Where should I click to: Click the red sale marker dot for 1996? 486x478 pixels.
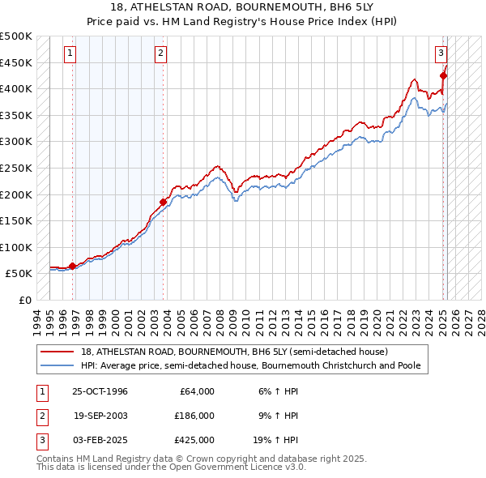(73, 266)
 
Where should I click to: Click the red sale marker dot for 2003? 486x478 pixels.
(163, 202)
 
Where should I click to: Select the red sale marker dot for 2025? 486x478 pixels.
(443, 75)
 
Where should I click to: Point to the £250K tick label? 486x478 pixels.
(16, 168)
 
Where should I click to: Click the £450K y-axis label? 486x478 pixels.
(16, 62)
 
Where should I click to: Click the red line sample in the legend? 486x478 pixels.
(58, 352)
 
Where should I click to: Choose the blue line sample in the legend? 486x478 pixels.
(58, 365)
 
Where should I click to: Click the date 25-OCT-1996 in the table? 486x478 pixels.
(100, 391)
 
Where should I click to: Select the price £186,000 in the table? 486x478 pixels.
(194, 416)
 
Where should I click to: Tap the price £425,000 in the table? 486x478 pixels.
(194, 440)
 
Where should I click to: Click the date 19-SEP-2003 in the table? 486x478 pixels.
(100, 416)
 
